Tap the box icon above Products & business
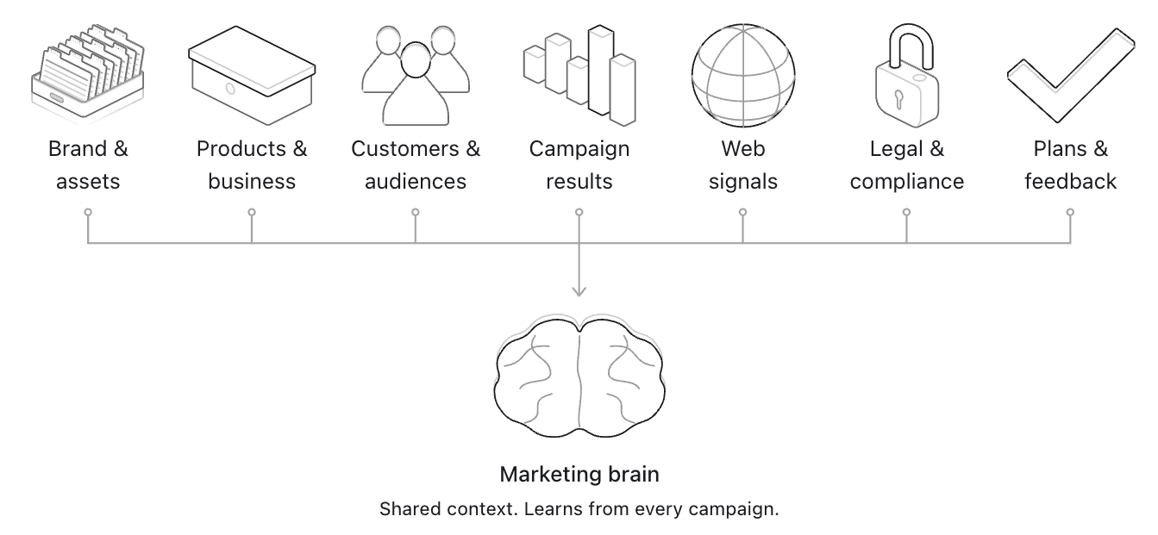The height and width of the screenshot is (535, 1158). [x=252, y=76]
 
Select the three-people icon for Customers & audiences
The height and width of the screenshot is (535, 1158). [x=416, y=76]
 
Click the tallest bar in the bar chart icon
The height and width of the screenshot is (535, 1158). [x=601, y=71]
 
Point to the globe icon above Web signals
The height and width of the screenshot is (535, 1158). [x=743, y=76]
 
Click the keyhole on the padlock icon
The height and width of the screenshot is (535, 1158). [x=898, y=100]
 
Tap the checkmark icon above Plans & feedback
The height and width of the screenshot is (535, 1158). [x=1071, y=76]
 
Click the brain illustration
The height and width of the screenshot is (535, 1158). [x=579, y=376]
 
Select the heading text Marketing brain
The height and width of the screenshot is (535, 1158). [x=579, y=474]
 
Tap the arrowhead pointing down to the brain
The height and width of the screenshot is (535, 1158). [x=579, y=290]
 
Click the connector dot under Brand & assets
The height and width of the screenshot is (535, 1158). [x=88, y=212]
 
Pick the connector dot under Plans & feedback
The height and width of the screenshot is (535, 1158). [x=1070, y=212]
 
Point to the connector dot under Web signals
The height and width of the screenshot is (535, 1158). [x=743, y=212]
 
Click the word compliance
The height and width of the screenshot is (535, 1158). [x=907, y=182]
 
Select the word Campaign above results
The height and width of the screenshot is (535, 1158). [x=579, y=149]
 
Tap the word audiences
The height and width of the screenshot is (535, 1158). [x=416, y=182]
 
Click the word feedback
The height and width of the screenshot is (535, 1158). [x=1070, y=182]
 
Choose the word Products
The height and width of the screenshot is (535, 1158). [x=241, y=149]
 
